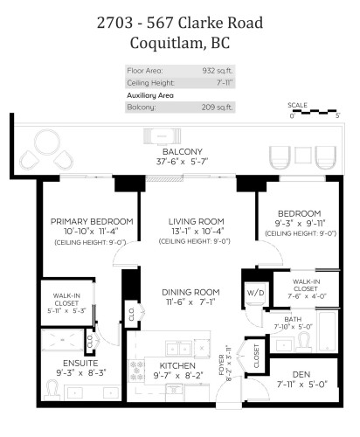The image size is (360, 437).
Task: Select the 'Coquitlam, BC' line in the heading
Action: pos(180,41)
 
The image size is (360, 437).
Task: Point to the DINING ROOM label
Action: pos(189,292)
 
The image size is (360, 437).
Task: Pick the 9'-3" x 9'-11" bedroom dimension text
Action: pos(300,223)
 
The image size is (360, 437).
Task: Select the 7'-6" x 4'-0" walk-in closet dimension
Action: pos(305,295)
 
